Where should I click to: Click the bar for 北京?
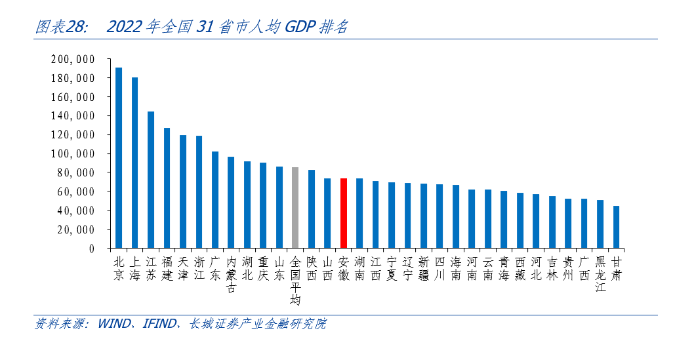(119, 158)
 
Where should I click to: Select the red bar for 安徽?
(343, 213)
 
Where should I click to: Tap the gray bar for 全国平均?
(295, 208)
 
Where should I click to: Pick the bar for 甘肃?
(616, 227)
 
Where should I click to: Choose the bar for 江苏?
(151, 180)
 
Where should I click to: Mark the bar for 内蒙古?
(231, 203)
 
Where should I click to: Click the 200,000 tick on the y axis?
(73, 60)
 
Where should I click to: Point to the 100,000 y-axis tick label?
(73, 154)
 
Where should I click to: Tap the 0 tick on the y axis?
(92, 249)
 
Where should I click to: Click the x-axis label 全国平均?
(295, 281)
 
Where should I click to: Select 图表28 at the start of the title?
(60, 27)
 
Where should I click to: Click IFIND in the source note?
(157, 324)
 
